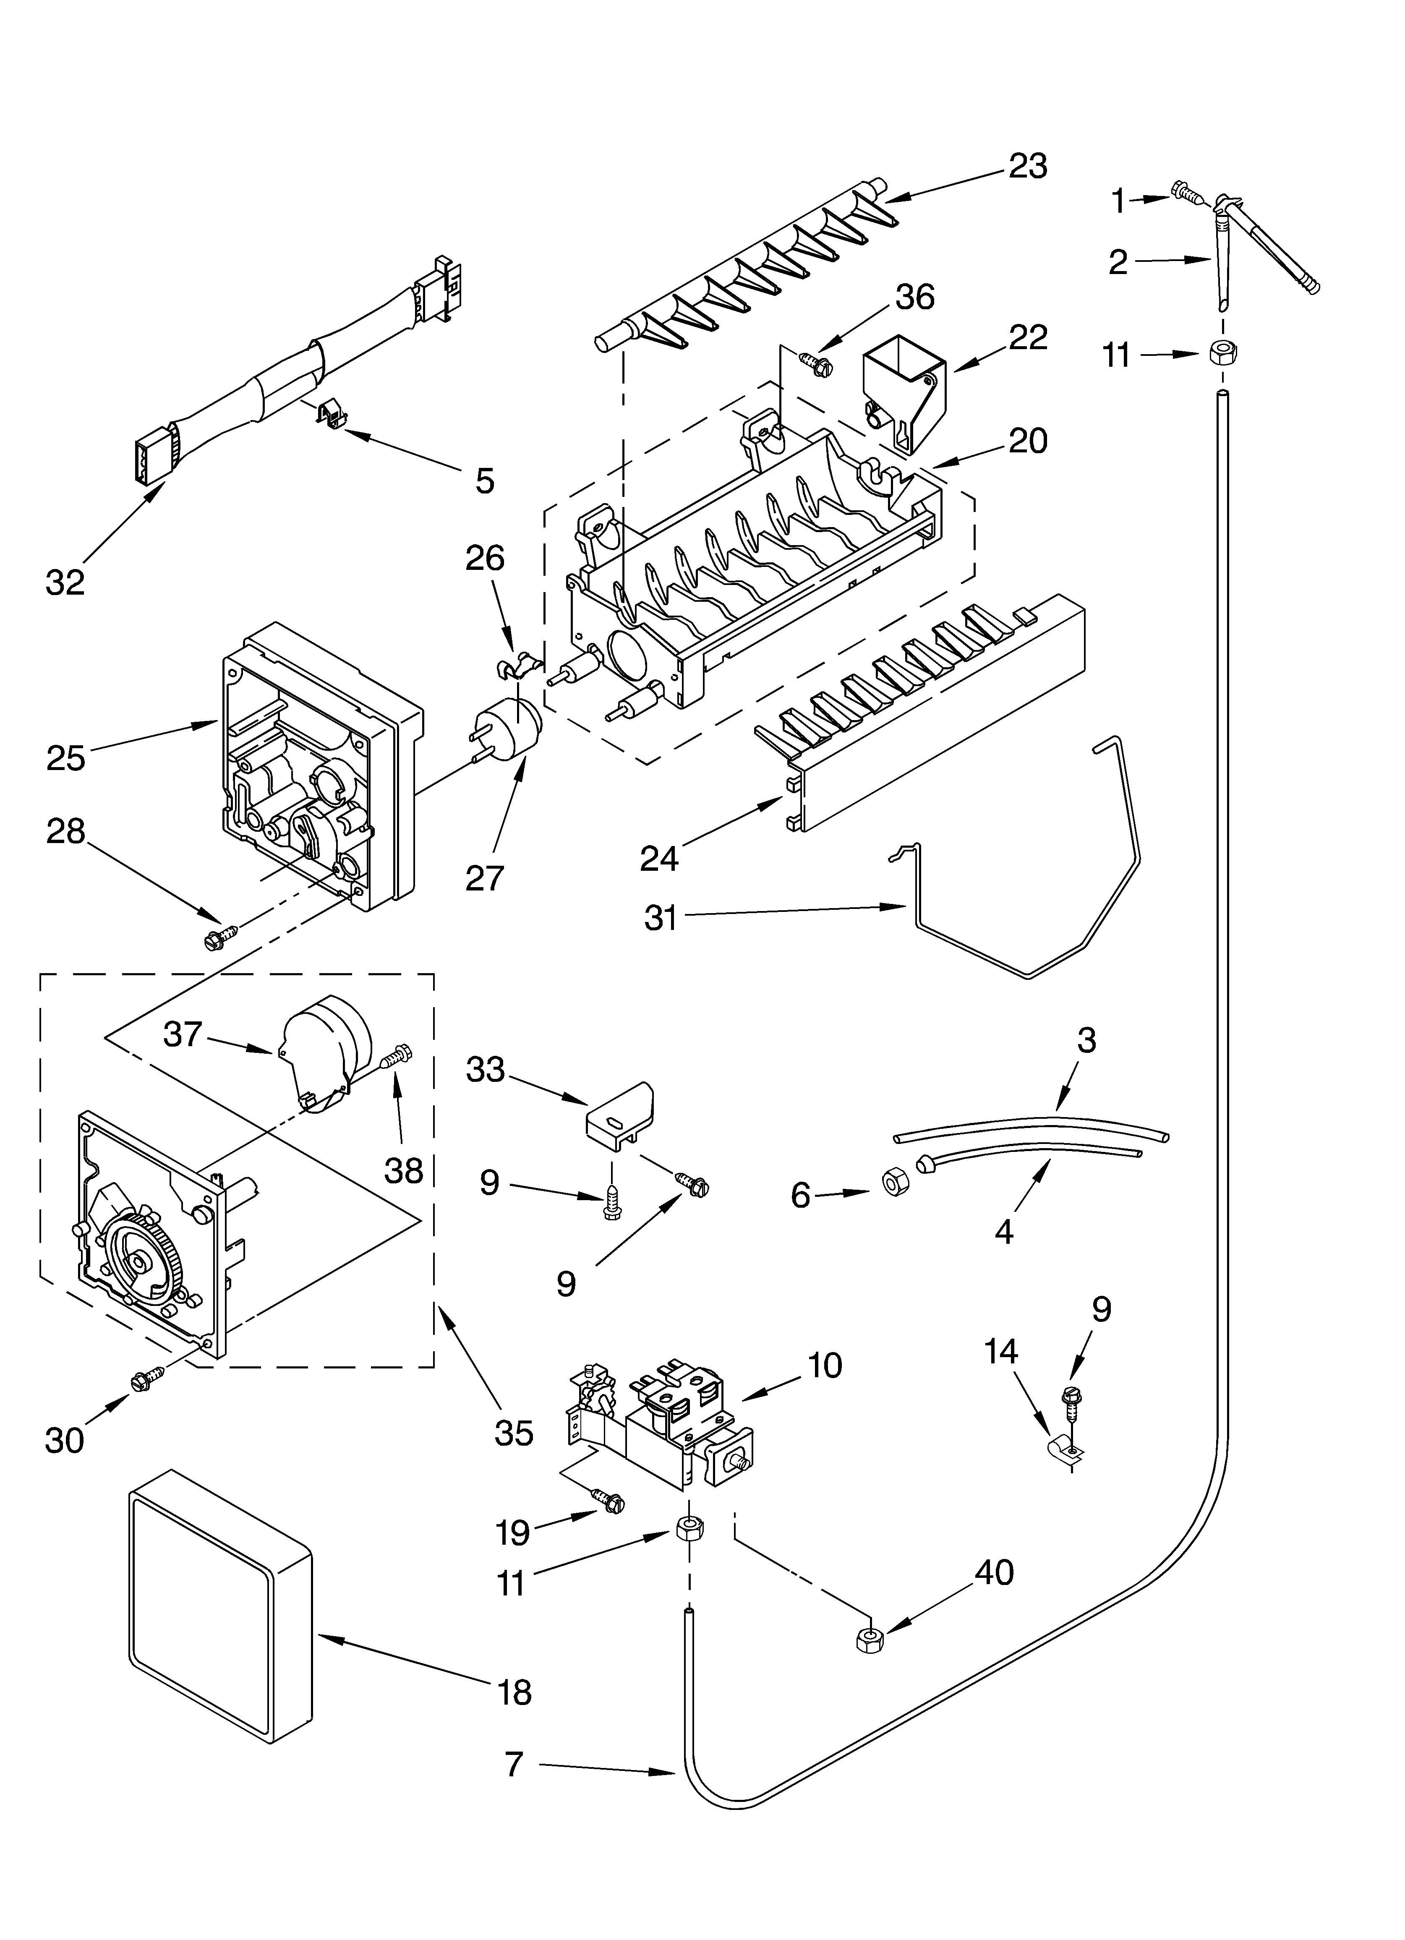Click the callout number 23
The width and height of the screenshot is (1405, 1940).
[x=1028, y=166]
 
